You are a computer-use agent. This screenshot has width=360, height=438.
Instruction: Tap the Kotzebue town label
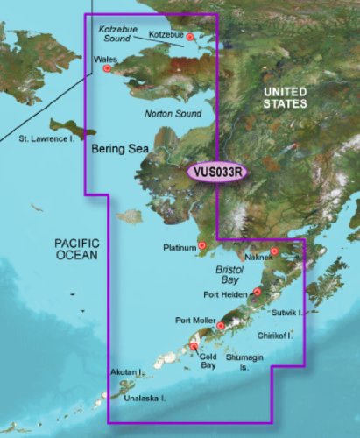tap(167, 34)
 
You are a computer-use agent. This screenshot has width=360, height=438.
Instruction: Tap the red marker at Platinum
tap(202, 246)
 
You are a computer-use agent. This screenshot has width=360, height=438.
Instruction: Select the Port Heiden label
tap(226, 294)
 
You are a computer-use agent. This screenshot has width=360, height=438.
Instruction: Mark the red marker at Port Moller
tap(221, 326)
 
